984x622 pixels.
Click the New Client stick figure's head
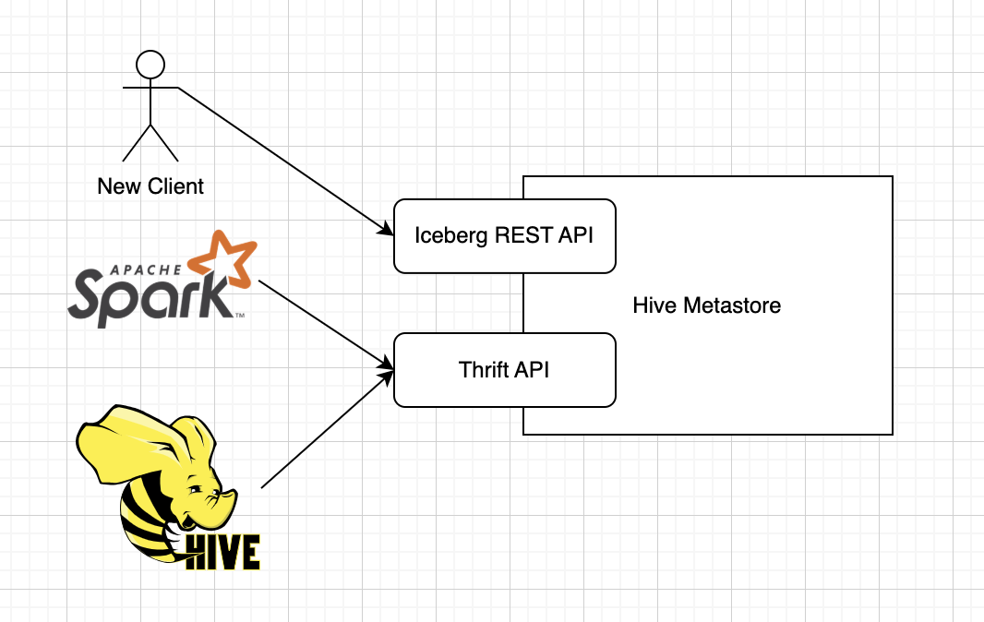[x=150, y=65]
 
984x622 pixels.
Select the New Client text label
[x=150, y=186]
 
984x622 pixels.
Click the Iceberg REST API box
[x=505, y=236]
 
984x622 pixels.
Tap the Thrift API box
[x=505, y=370]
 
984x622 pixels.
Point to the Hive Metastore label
[x=707, y=305]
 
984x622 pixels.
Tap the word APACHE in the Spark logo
[x=146, y=270]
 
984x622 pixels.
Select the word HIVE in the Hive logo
[x=222, y=553]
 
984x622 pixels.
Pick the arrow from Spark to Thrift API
[x=326, y=325]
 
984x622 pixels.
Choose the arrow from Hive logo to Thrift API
[x=327, y=429]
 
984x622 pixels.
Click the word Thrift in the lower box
[x=483, y=370]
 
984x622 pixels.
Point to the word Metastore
[x=732, y=305]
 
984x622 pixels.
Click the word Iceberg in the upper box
[x=451, y=236]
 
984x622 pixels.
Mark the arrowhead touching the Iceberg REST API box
[x=385, y=230]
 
